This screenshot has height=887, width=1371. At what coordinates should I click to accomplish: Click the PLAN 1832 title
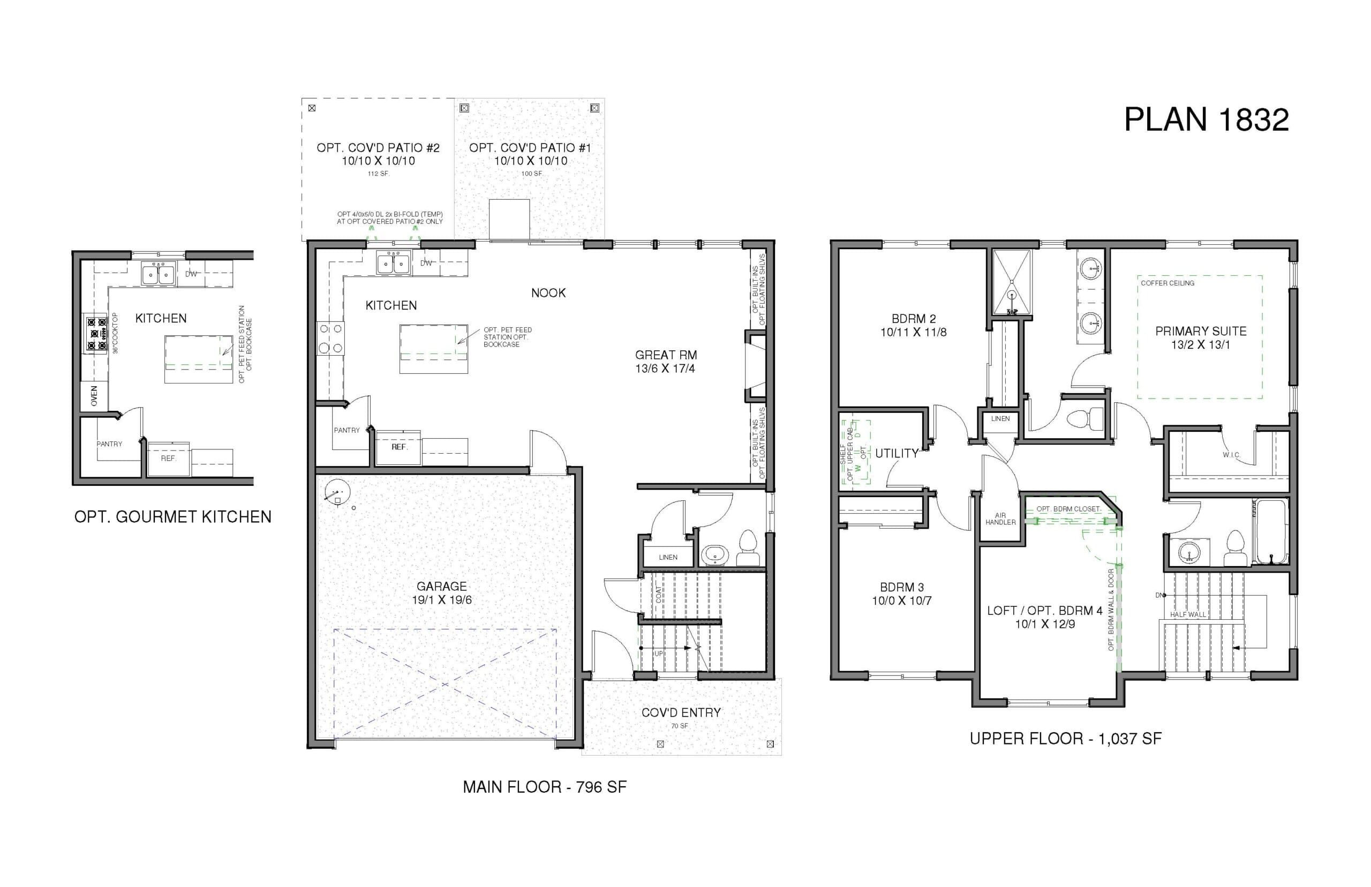[x=1206, y=120]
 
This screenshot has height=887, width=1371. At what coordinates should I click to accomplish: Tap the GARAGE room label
[x=442, y=587]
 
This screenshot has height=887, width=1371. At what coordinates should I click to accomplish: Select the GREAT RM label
[x=666, y=355]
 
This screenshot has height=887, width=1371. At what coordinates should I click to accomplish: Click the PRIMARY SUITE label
[x=1201, y=331]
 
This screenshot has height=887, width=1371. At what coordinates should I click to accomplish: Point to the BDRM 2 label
[x=914, y=319]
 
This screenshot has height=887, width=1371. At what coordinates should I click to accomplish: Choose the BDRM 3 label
[x=902, y=587]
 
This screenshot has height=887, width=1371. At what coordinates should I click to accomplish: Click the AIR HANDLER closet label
[x=1000, y=519]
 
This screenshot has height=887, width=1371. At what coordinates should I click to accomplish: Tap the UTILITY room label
[x=897, y=453]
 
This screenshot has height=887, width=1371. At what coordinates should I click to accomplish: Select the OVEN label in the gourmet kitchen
[x=94, y=396]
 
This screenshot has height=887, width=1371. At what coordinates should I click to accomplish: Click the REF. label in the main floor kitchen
[x=399, y=447]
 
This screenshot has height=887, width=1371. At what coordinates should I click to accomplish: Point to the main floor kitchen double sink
[x=394, y=263]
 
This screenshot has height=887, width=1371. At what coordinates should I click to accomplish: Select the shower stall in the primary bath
[x=1012, y=282]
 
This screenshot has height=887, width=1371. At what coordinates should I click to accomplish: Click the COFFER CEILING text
[x=1167, y=283]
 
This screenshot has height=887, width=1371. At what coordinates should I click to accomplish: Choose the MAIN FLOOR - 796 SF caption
[x=545, y=787]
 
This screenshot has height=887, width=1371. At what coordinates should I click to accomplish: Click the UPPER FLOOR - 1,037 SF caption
[x=1065, y=739]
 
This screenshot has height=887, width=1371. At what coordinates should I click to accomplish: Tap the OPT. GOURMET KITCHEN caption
[x=173, y=517]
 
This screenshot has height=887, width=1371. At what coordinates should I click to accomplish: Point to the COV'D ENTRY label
[x=681, y=712]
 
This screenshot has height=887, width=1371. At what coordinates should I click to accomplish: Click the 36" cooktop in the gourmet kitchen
[x=96, y=333]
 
